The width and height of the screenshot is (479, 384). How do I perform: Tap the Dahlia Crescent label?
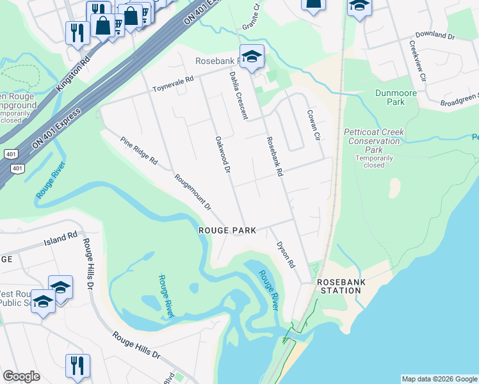click(238, 95)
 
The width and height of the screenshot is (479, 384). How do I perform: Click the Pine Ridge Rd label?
click(139, 150)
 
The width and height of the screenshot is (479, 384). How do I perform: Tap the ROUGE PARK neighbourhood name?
click(227, 230)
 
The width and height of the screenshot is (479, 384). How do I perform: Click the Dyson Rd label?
click(286, 254)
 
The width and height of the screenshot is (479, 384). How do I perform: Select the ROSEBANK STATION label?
click(339, 286)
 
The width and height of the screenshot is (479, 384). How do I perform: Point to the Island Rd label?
click(60, 239)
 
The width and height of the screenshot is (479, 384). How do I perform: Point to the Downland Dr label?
click(434, 33)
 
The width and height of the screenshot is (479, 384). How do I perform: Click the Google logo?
click(21, 376)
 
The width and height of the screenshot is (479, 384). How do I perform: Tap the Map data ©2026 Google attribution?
click(439, 379)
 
